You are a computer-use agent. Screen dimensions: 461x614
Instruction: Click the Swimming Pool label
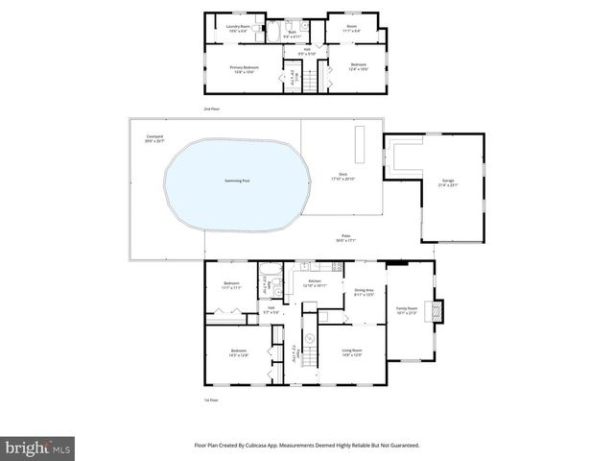coord(237,182)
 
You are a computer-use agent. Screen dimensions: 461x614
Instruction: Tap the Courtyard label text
coord(153,137)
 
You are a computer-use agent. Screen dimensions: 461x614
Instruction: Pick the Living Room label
coord(351,352)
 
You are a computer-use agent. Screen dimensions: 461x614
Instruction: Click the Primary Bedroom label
coord(242,67)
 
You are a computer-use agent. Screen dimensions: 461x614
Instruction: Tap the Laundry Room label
coord(238,28)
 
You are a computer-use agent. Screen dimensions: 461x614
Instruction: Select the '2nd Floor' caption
coord(211,109)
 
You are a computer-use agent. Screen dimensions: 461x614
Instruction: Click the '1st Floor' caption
coord(211,400)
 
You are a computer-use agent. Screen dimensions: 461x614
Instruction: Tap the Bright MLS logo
coord(38,448)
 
